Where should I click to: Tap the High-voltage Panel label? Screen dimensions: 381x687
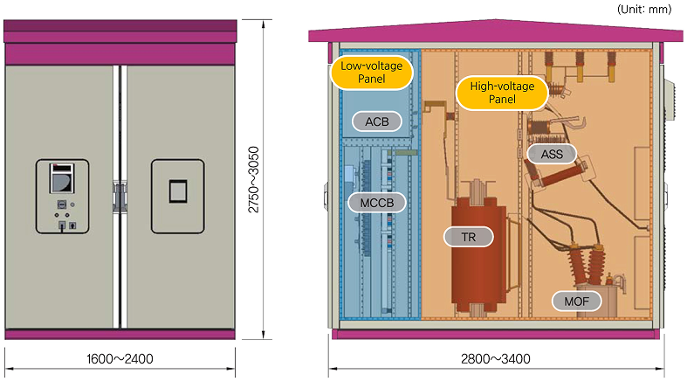503,93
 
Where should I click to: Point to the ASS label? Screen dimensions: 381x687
552,155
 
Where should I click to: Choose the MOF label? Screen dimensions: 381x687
577,302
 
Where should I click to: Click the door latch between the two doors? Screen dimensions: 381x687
120,195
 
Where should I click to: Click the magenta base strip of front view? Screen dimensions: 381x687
120,334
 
